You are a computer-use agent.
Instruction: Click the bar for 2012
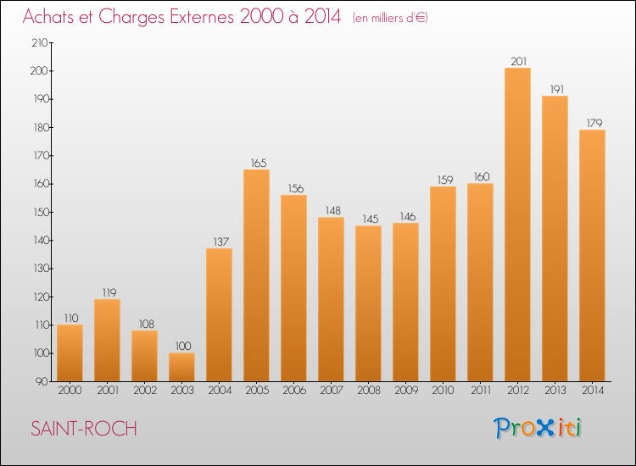point(517,225)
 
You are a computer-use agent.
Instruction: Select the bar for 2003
point(181,367)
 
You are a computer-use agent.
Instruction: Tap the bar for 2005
point(256,275)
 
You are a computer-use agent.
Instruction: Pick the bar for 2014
point(592,255)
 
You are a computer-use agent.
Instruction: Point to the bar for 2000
point(70,352)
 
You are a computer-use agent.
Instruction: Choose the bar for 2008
point(368,303)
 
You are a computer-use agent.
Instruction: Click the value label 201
point(517,61)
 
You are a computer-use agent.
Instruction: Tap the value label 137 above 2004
point(219,241)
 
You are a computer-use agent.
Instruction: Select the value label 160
point(480,176)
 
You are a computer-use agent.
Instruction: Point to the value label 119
point(107,292)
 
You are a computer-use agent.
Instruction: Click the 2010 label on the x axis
point(443,391)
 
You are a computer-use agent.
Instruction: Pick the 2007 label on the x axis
point(331,391)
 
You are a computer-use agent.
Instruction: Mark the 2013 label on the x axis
point(555,391)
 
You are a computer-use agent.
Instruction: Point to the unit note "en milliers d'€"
point(391,18)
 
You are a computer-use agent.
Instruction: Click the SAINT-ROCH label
point(83,429)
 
